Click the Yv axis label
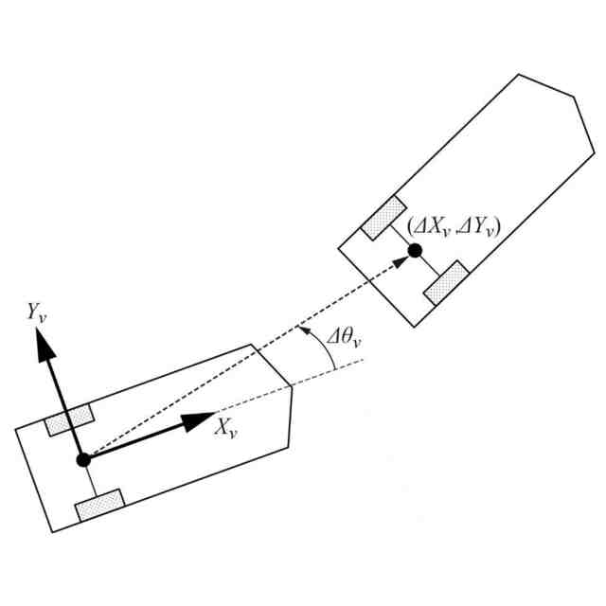[x=37, y=312]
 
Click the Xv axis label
[x=226, y=427]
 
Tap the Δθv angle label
[x=344, y=339]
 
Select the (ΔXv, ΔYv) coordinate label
[x=454, y=227]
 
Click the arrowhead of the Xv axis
[x=197, y=421]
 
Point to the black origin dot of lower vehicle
[x=83, y=460]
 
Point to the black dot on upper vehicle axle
[x=415, y=251]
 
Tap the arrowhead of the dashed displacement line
[x=401, y=263]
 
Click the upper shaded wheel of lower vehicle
[x=69, y=420]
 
